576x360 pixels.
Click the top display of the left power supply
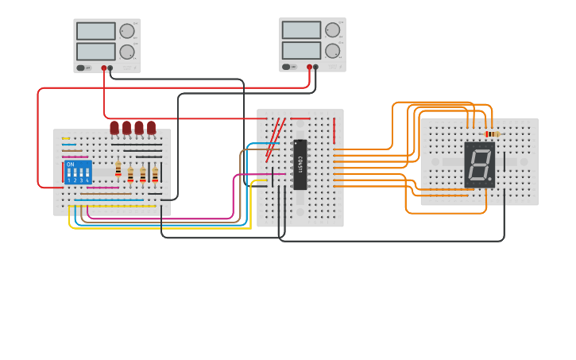pos(96,31)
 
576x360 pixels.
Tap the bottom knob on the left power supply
pos(126,52)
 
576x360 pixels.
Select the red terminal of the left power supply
pos(103,68)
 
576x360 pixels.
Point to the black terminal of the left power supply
pos(110,68)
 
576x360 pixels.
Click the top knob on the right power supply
pos(332,30)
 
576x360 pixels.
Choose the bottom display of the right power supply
pos(301,51)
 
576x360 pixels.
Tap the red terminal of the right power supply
pos(309,68)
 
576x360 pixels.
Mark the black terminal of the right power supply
pos(316,68)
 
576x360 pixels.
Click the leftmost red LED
pos(114,127)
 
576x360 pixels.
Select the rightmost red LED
pos(151,127)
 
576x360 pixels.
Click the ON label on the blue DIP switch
pos(70,165)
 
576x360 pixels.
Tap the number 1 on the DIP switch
pos(69,180)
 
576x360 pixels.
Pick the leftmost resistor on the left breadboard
pos(118,170)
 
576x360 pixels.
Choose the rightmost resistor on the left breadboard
pos(155,174)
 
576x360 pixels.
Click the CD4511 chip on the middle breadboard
pos(300,165)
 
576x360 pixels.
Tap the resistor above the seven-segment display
pos(493,134)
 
